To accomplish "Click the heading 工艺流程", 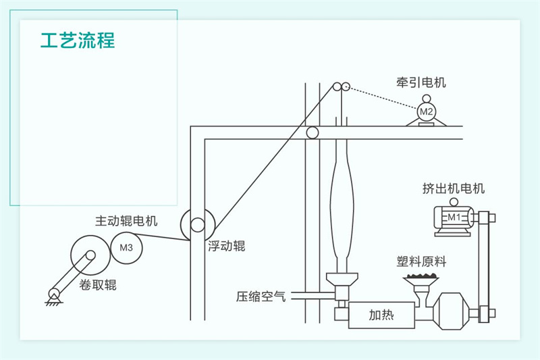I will click(x=78, y=40).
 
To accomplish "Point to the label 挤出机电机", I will click(x=453, y=189).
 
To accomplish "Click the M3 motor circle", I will click(x=126, y=247).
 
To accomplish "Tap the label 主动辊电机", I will click(x=126, y=221).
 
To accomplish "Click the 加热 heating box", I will click(x=381, y=314).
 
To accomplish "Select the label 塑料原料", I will click(x=422, y=261).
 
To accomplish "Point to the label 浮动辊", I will click(x=227, y=247).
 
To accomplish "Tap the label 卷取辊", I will click(x=98, y=285).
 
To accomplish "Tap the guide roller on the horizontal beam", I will click(x=313, y=132).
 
